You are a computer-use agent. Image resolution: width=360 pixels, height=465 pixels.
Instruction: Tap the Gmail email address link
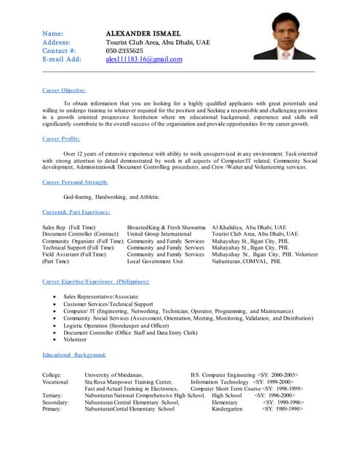(144, 60)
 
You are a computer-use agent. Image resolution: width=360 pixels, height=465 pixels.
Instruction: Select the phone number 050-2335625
(125, 51)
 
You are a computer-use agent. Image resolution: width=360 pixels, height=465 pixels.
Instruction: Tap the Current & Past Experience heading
(76, 211)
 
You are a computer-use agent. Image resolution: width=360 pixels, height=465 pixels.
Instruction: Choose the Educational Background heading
(74, 355)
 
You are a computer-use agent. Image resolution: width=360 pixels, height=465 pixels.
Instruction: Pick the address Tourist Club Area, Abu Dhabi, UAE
(157, 43)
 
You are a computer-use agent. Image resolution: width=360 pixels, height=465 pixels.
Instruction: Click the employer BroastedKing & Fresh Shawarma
(166, 227)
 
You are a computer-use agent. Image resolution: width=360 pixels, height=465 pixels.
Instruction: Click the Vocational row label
(56, 381)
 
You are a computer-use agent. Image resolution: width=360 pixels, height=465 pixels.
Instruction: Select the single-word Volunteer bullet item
(74, 339)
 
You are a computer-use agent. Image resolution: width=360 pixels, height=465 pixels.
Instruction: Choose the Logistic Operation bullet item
(119, 325)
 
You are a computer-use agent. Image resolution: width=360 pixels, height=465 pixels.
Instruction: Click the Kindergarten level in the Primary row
(229, 409)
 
